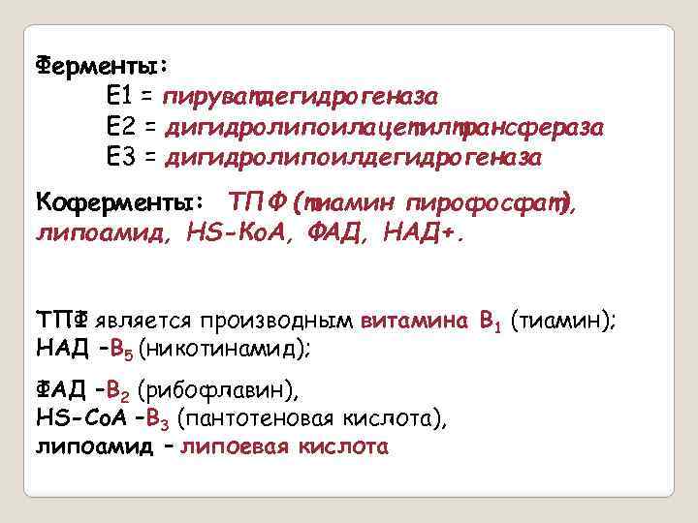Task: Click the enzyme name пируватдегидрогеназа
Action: pyautogui.click(x=301, y=97)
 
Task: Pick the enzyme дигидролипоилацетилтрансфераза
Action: pyautogui.click(x=385, y=127)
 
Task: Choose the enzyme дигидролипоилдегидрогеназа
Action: pyautogui.click(x=354, y=157)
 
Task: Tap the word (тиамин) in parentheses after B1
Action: pyautogui.click(x=567, y=322)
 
